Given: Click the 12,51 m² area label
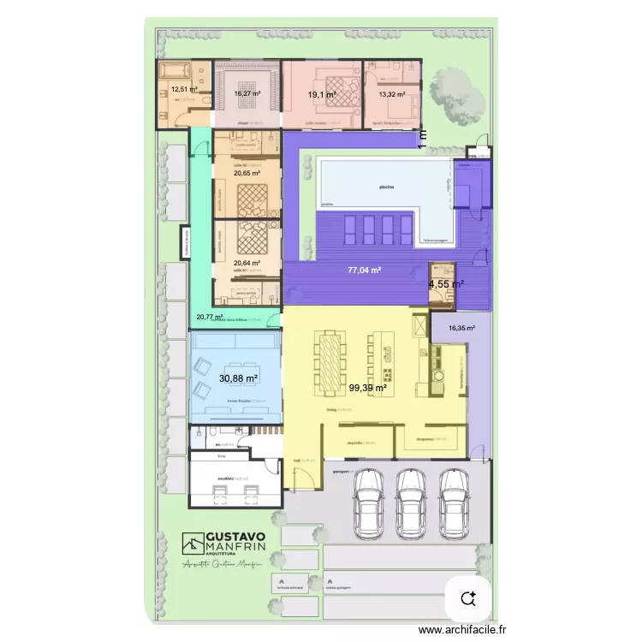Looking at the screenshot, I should pos(183,89).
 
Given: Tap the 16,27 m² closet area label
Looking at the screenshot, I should pos(247,94).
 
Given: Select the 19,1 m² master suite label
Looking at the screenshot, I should pos(321,95).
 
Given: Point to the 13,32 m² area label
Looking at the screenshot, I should pos(391,95).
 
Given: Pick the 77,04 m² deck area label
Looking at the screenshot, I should pos(364,270).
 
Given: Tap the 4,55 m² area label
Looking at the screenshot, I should pos(447,284).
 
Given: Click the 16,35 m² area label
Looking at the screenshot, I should pos(461,327).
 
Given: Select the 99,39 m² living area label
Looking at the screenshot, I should pos(367,388).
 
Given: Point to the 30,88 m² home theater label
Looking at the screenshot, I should pos(239,377).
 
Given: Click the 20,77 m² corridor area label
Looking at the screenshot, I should pos(209,317).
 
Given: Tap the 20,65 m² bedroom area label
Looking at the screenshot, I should pos(247,173).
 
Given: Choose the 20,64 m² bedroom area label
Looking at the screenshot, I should pos(247,263).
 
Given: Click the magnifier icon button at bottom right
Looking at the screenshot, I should pos(468,597).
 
